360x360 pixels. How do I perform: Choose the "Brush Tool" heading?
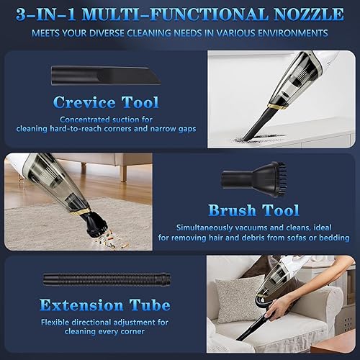pos(253,210)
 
